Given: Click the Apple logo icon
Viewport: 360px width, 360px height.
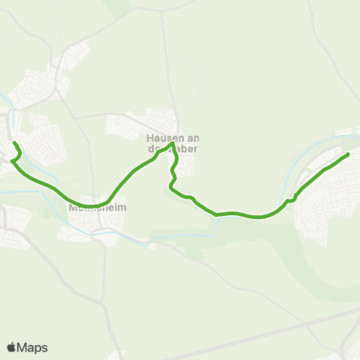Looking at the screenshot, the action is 12,347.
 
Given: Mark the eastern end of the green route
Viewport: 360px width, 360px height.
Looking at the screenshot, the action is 348,154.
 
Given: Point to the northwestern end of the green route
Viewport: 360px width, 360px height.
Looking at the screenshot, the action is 14,142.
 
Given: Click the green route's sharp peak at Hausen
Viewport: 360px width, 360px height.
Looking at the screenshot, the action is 172,144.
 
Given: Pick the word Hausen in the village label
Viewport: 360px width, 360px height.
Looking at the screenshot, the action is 161,137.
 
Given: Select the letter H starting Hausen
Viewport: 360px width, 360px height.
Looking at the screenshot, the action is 150,137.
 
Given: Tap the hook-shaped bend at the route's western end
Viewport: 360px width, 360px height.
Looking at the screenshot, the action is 15,153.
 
